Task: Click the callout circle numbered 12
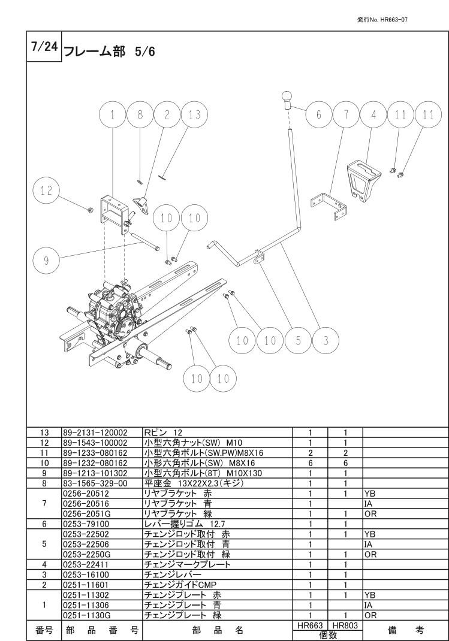click(46, 191)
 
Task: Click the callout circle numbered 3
click(326, 341)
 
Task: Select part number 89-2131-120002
click(95, 432)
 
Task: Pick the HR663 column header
click(310, 625)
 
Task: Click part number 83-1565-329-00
click(91, 483)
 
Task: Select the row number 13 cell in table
click(44, 432)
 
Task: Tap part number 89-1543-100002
click(95, 442)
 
